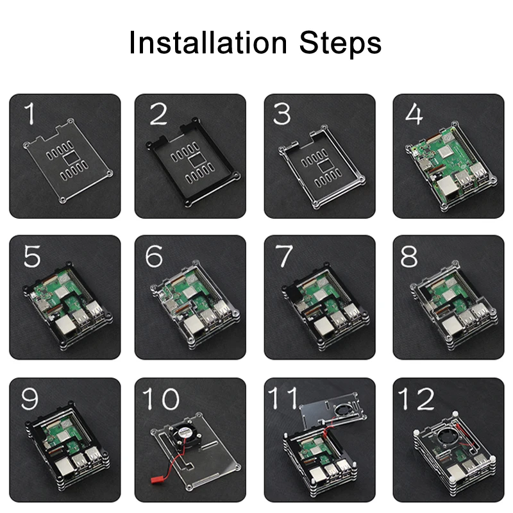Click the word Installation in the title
(208, 42)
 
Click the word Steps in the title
(341, 44)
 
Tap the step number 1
(30, 114)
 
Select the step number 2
(158, 114)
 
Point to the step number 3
(282, 114)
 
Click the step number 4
(414, 114)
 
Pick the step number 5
(32, 256)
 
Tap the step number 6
(154, 256)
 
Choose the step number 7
(283, 256)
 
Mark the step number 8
(409, 256)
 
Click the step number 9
(29, 398)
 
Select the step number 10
(161, 398)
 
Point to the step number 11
(283, 398)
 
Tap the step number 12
(416, 398)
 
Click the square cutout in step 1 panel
(70, 159)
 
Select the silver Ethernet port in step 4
(446, 188)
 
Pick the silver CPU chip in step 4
(445, 152)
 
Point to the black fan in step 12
(448, 437)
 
